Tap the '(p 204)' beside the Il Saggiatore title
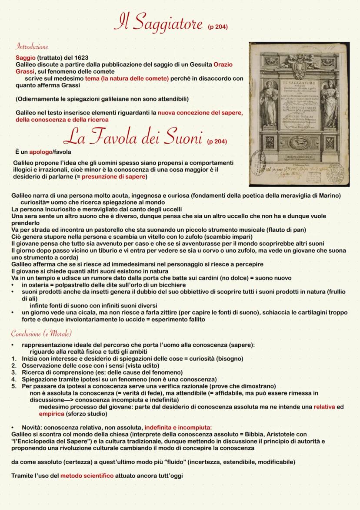[218, 27]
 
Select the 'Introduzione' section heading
[32, 47]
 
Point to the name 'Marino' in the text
[330, 196]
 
